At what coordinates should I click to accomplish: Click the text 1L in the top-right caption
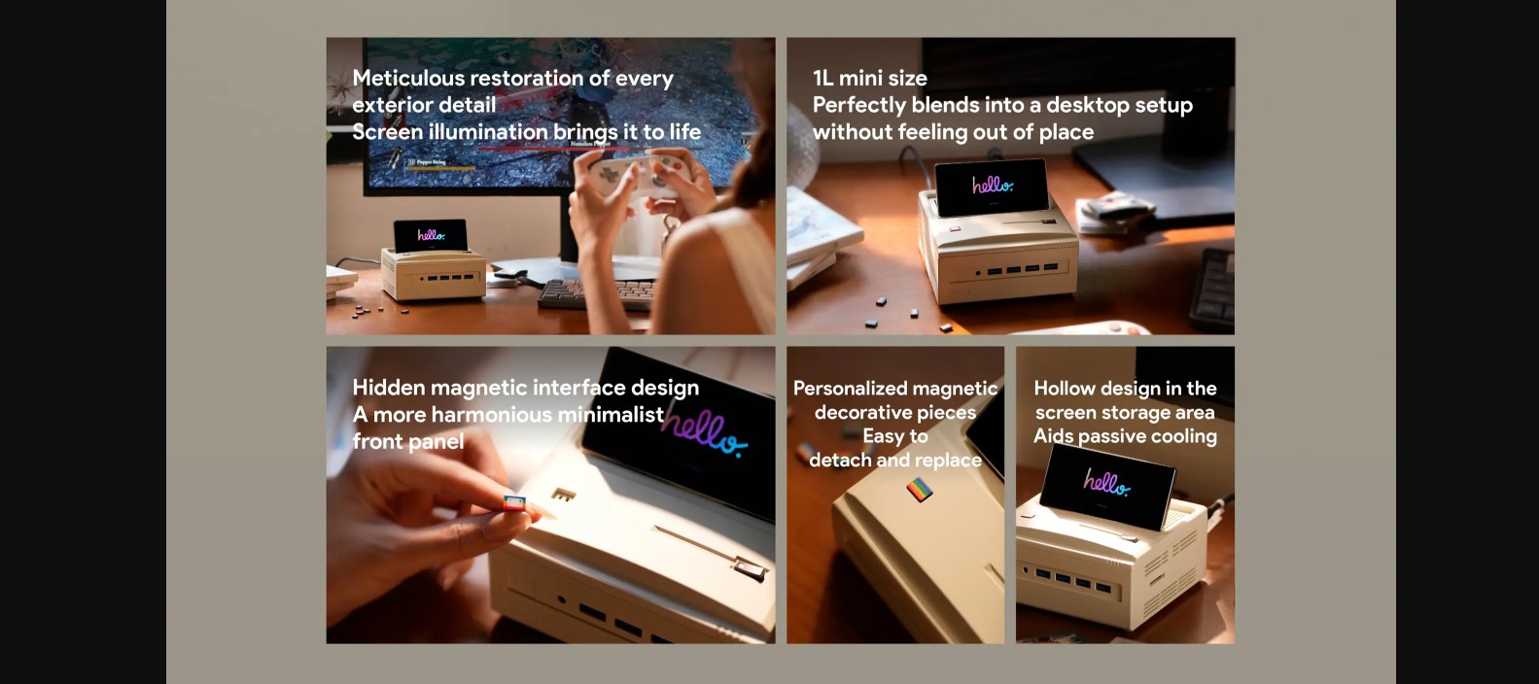point(823,79)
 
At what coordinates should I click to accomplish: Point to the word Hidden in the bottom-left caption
point(389,388)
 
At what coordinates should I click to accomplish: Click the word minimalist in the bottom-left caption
point(611,414)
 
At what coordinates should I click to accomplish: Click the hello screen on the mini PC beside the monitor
point(431,235)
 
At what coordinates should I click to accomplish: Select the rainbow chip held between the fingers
point(514,502)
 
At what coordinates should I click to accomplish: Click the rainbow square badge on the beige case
point(920,490)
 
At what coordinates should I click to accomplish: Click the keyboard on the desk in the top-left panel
point(596,293)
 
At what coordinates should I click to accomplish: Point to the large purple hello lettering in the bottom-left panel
point(704,431)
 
